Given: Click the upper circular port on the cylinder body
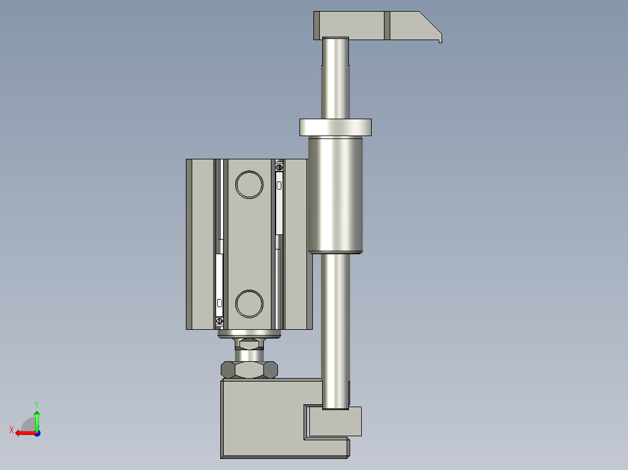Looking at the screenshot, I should [249, 185].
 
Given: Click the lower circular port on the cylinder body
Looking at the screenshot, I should [249, 304].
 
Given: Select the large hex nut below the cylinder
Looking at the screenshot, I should [249, 369].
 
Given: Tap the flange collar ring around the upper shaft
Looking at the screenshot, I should [335, 127].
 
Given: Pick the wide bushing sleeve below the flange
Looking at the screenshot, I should [336, 195].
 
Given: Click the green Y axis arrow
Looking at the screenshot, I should [37, 419].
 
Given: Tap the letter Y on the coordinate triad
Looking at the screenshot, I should [36, 404].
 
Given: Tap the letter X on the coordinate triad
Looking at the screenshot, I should [12, 430].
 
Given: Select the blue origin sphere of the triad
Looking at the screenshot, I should [37, 433].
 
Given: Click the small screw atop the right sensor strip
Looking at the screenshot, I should [279, 168].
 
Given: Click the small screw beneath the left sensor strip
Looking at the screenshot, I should [220, 321].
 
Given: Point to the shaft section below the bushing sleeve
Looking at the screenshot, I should [336, 326].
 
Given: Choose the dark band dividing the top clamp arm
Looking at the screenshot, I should [387, 26].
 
